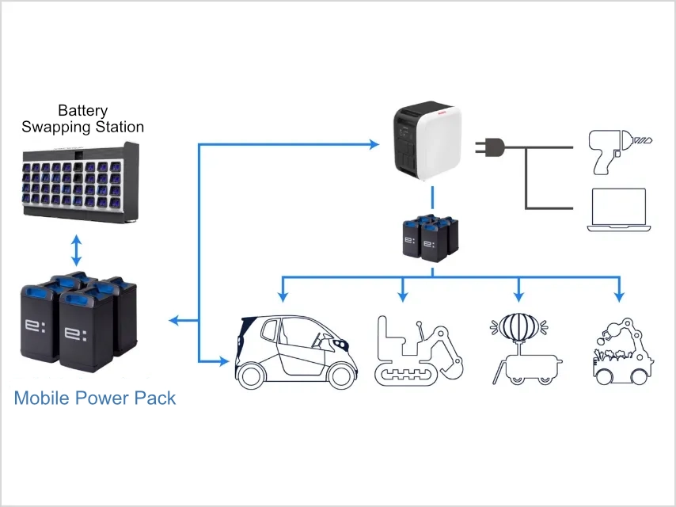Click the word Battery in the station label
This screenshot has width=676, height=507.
(x=82, y=111)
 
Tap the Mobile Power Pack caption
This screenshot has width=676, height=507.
(x=95, y=397)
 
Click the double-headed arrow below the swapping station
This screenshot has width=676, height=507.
(x=76, y=250)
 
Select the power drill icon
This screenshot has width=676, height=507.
(x=616, y=149)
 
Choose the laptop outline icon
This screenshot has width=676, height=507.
(x=618, y=210)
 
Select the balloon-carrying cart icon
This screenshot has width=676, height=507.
(x=523, y=349)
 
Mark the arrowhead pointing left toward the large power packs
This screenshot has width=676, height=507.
(x=175, y=321)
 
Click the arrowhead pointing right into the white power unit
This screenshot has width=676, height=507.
(x=374, y=144)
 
